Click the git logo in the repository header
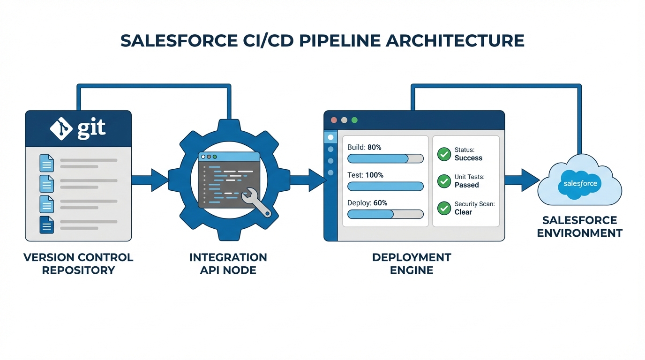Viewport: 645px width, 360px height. tap(78, 128)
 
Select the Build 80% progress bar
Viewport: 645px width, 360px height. tap(385, 158)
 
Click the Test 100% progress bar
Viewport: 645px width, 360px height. tap(385, 186)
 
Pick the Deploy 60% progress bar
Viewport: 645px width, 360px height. tap(385, 214)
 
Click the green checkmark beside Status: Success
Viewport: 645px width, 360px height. tap(444, 154)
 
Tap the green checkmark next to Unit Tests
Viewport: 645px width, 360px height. tap(444, 181)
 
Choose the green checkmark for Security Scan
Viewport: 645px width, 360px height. tap(444, 208)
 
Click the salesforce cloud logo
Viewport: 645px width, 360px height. tap(580, 183)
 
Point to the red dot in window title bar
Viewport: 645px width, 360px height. tap(334, 120)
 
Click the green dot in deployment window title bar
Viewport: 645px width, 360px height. tap(354, 120)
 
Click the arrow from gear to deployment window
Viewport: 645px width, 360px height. tap(308, 180)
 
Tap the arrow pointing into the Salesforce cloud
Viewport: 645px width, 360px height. tap(522, 180)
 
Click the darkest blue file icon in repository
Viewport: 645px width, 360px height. tap(46, 225)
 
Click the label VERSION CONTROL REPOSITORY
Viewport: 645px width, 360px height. tap(78, 264)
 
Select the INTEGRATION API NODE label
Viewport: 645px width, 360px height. tap(228, 264)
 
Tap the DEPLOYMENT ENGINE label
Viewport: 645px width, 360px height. tap(412, 264)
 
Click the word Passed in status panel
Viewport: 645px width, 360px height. tap(466, 185)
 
